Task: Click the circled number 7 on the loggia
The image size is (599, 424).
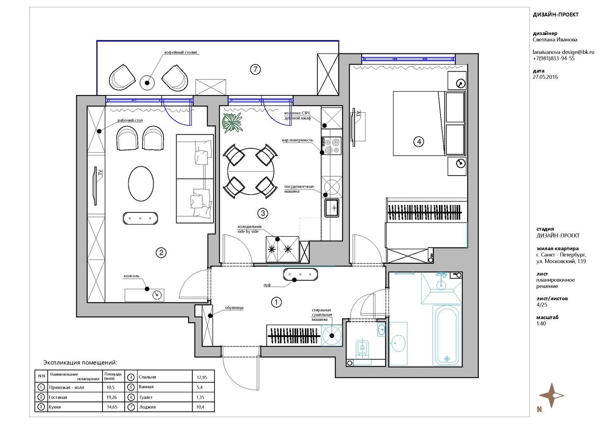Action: (255, 70)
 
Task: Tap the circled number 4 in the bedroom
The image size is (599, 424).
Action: (419, 141)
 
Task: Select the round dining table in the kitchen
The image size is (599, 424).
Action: (251, 171)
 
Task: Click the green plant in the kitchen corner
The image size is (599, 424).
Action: (233, 123)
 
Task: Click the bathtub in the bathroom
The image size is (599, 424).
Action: (447, 335)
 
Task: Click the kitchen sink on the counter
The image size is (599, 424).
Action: (332, 207)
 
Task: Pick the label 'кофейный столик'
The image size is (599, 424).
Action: (181, 53)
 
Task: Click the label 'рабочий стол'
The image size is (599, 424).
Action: (130, 120)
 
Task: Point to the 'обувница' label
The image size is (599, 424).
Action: (234, 308)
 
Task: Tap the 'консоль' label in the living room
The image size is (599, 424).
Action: (132, 276)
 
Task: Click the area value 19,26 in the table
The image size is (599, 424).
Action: (111, 397)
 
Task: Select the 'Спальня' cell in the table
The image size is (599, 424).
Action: (147, 377)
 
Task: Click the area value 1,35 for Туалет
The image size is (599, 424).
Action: (200, 397)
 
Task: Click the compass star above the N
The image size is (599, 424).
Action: (552, 395)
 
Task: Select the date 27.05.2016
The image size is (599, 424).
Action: (545, 77)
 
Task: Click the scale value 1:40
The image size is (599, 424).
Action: (541, 324)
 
